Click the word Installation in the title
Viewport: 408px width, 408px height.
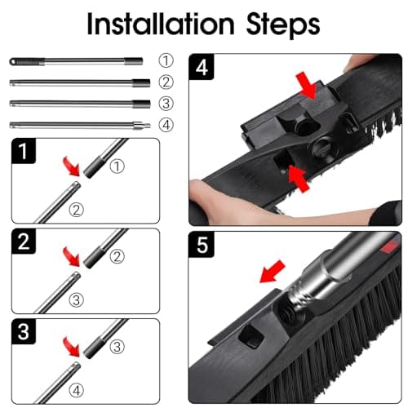161,24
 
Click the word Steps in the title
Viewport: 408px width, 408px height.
283,26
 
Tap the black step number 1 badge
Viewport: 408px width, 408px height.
24,151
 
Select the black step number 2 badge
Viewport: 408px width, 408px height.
24,242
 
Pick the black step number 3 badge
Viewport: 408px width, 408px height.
24,331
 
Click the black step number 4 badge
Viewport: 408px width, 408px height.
202,67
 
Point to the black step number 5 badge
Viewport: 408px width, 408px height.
202,245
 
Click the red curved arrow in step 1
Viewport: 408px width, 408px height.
72,166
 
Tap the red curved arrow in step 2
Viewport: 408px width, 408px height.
72,256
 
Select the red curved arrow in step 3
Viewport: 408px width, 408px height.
72,347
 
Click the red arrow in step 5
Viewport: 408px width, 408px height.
273,272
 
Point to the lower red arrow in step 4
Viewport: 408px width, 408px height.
299,178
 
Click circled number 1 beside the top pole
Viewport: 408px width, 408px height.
166,60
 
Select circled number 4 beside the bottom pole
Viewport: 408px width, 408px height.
166,125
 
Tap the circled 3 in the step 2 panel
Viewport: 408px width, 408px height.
76,300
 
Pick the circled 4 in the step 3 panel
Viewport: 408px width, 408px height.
76,391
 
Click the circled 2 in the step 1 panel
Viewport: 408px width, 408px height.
76,210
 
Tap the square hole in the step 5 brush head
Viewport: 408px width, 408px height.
251,337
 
